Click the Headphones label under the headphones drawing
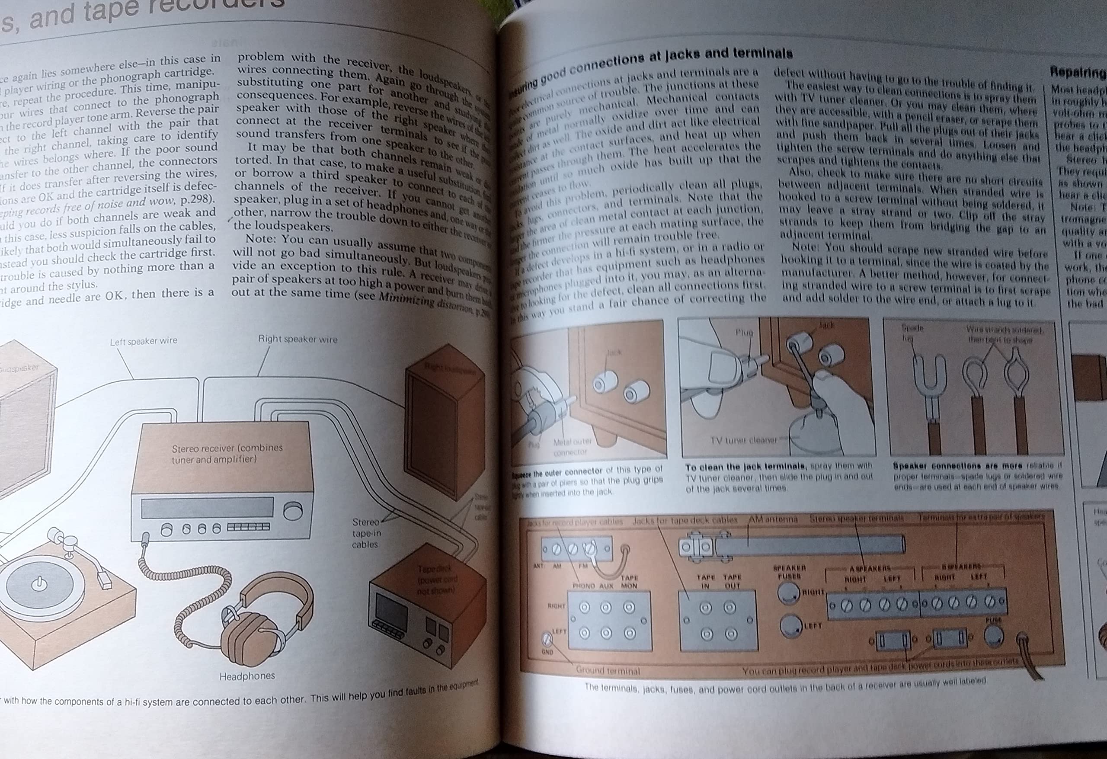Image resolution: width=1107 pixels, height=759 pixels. pos(247,676)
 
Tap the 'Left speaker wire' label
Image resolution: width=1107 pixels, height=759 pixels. pos(144,341)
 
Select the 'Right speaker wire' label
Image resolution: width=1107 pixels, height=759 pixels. pos(297,339)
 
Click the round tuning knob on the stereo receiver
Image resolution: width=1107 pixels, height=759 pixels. pos(292,511)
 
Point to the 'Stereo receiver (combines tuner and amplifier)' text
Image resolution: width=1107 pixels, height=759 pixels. pos(227,453)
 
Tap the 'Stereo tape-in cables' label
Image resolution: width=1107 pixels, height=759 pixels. pos(365,533)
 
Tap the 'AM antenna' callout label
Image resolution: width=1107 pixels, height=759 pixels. pos(774,519)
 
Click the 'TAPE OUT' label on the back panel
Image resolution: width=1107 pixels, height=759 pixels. pos(732,581)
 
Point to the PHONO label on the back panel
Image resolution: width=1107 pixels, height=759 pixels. pos(583,586)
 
